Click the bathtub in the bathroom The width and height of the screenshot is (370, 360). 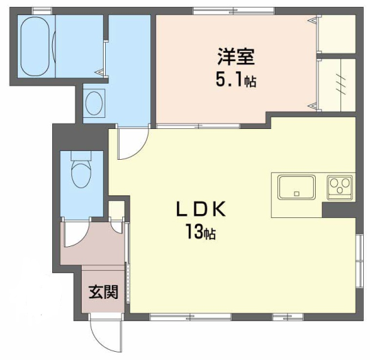click(x=35, y=46)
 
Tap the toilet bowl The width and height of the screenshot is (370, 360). click(x=81, y=174)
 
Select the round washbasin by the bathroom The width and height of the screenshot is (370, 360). click(x=94, y=103)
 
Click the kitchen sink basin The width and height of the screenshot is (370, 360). click(x=297, y=187)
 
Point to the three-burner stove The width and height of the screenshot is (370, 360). click(x=340, y=187)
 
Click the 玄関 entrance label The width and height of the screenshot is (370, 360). click(x=104, y=292)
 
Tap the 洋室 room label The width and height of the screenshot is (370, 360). click(x=236, y=57)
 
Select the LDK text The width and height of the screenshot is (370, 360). click(x=201, y=209)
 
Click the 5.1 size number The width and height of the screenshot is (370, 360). click(x=229, y=80)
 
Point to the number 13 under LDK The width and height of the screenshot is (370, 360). click(x=194, y=232)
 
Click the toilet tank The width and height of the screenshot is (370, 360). click(x=81, y=156)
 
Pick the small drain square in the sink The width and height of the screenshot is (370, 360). click(x=297, y=194)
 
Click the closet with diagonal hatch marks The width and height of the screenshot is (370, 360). click(x=337, y=85)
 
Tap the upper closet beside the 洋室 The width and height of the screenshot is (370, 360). click(x=337, y=34)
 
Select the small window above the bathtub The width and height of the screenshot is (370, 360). click(x=42, y=11)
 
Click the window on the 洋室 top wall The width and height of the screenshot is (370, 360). click(x=233, y=11)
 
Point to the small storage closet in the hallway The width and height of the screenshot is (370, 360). click(x=116, y=209)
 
